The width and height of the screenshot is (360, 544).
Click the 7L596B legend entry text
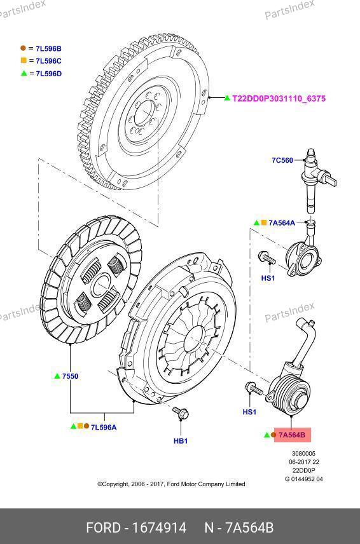(x=48, y=48)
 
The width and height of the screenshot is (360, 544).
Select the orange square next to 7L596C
(x=24, y=60)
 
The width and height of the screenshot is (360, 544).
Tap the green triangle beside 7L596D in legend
(x=24, y=73)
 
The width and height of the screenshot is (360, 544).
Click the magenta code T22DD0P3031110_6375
(x=279, y=99)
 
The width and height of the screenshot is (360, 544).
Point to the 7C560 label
(x=282, y=160)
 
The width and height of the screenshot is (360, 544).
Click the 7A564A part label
(x=282, y=222)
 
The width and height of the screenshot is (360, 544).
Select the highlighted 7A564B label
(x=292, y=435)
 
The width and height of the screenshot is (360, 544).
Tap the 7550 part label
(x=70, y=376)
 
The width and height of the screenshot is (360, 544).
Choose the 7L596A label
(x=104, y=427)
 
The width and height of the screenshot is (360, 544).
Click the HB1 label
(x=181, y=440)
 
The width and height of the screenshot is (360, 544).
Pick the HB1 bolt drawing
(x=181, y=412)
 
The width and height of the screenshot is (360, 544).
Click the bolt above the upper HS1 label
(x=267, y=257)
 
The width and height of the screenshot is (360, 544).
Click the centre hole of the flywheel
(x=144, y=113)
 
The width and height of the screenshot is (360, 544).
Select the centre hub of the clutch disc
(x=100, y=285)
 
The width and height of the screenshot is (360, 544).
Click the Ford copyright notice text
(x=171, y=484)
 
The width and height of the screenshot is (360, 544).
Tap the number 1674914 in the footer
(x=160, y=527)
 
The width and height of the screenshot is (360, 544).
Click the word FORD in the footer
(x=103, y=527)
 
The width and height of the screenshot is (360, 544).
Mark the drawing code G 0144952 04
(x=304, y=479)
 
